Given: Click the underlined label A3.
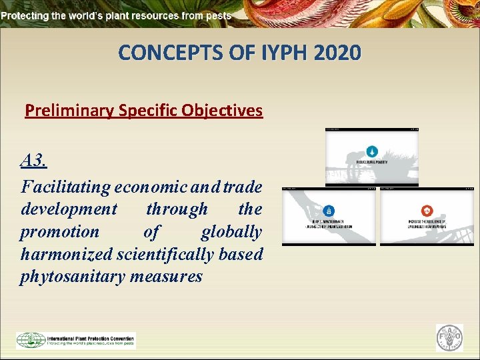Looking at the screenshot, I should coord(33,160).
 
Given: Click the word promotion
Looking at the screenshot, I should coord(59,231).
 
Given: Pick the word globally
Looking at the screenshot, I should coord(231,231).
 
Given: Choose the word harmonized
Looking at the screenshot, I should coord(67,254).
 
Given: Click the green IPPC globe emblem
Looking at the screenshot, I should coord(31,340).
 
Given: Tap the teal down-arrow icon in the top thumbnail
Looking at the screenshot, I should coord(372,151).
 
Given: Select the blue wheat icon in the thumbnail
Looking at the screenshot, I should coord(329,211).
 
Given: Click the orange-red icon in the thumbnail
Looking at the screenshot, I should coord(427,211).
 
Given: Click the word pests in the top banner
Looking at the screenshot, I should coord(219,15).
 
